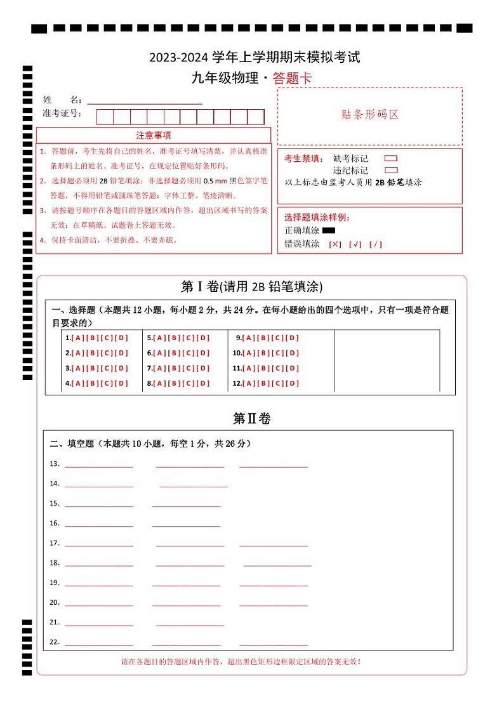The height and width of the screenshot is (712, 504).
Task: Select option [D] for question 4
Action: click(x=122, y=383)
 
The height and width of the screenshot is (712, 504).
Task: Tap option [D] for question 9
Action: click(x=292, y=338)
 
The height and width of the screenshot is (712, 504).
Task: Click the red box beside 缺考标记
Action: click(x=391, y=159)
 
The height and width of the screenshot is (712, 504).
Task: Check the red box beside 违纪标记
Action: click(x=391, y=170)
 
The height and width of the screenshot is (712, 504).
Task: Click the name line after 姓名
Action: click(x=145, y=100)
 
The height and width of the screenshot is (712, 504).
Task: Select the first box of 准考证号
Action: click(x=105, y=117)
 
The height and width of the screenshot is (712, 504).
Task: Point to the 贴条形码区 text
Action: click(x=370, y=115)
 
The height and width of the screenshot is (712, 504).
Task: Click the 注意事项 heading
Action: click(x=154, y=135)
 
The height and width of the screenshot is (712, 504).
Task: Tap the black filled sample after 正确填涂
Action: click(x=329, y=230)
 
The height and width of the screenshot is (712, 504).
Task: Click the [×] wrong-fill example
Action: click(x=335, y=244)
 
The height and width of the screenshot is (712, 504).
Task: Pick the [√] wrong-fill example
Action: click(x=355, y=244)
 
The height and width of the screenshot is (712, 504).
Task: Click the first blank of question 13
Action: click(x=99, y=465)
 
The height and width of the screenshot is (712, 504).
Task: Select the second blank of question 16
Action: click(x=186, y=524)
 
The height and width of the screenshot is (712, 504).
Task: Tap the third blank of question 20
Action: click(x=274, y=603)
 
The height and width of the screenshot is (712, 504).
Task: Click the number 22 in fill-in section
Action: click(x=55, y=642)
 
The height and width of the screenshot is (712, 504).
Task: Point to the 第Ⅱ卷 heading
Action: click(x=252, y=419)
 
